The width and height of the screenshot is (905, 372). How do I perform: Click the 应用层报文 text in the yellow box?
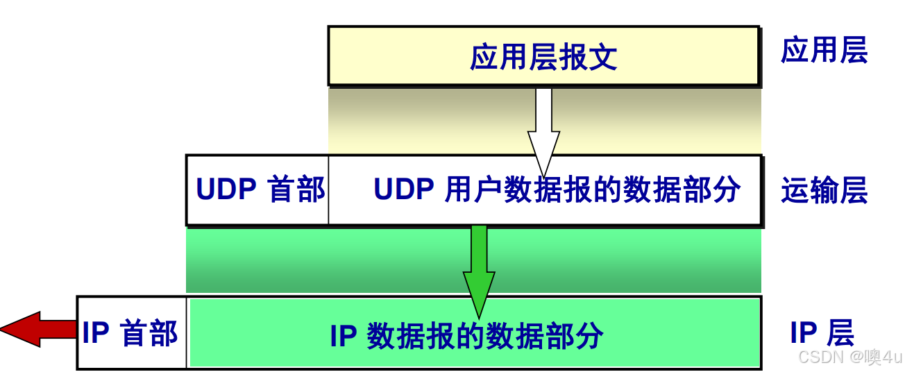[543, 57]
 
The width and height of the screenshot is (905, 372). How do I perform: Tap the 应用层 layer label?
[824, 51]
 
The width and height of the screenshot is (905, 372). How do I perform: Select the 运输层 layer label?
[824, 191]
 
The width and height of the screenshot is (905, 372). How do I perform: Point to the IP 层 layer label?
[822, 334]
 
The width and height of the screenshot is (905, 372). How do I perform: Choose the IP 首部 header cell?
[130, 333]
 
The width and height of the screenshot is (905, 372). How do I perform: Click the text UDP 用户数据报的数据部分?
[557, 189]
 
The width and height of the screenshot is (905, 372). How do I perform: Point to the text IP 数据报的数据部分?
[466, 337]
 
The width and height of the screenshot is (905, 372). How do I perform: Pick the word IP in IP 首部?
[96, 333]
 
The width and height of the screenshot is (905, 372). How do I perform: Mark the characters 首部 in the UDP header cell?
[296, 189]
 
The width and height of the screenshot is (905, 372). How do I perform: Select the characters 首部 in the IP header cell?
[149, 333]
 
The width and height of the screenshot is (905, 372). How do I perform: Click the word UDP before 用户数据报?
[404, 189]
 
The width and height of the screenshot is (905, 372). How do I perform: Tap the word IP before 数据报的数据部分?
[343, 337]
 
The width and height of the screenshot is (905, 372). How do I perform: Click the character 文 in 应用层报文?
[603, 57]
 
